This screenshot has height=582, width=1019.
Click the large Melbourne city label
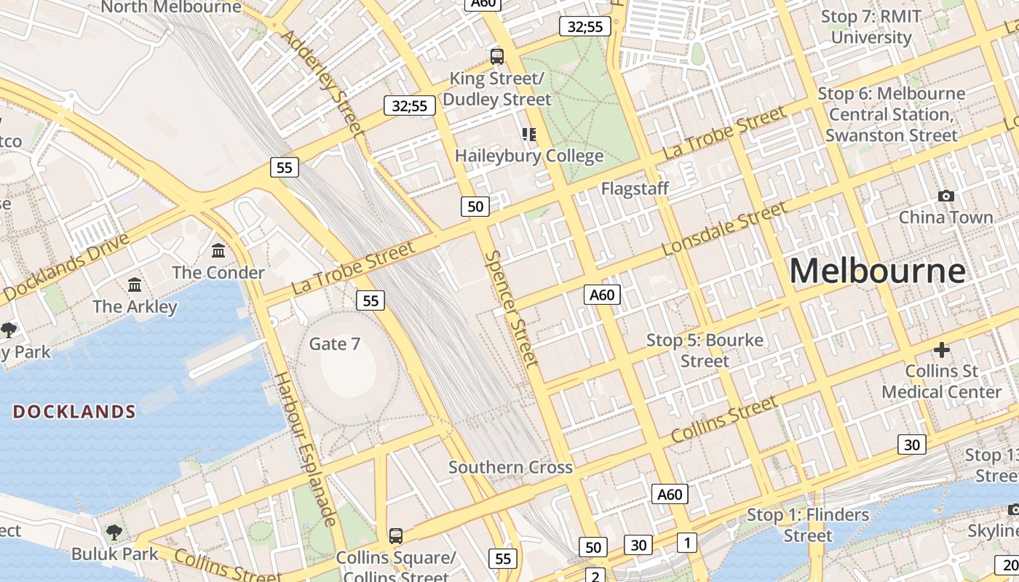(x=877, y=271)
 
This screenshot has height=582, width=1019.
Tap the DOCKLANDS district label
(x=74, y=412)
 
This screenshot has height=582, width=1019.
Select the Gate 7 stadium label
(x=335, y=343)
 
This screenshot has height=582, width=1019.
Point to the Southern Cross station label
(x=510, y=467)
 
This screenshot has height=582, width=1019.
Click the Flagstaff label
(x=635, y=188)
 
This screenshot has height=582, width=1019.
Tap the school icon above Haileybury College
(x=528, y=134)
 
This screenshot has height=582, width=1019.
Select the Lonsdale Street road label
(x=724, y=228)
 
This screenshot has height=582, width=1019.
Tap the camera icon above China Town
(x=945, y=196)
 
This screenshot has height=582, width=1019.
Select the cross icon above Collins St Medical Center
(x=942, y=350)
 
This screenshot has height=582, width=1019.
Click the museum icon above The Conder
(x=218, y=251)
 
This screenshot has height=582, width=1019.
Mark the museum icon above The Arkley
(x=135, y=284)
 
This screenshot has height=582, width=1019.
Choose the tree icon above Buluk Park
(x=114, y=532)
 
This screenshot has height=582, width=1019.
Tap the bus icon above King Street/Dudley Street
(x=497, y=56)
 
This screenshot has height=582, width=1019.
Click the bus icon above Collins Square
(x=395, y=536)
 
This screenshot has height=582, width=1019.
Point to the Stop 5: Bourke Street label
(x=705, y=350)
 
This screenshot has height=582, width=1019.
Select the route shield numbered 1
(x=686, y=542)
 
